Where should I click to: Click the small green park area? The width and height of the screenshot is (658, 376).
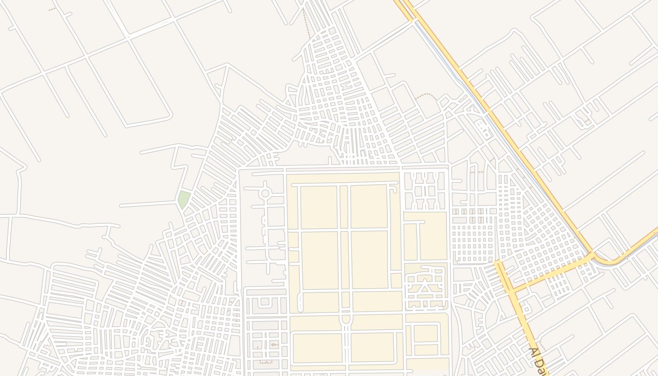[183, 200]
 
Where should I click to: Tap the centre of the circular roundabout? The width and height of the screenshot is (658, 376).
[265, 193]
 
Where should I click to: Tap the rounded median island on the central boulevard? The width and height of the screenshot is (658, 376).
[346, 319]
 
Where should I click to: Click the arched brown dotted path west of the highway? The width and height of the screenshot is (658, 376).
[426, 95]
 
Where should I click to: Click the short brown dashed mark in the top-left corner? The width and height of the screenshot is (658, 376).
[52, 8]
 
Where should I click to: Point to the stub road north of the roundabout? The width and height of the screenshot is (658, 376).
[265, 184]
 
